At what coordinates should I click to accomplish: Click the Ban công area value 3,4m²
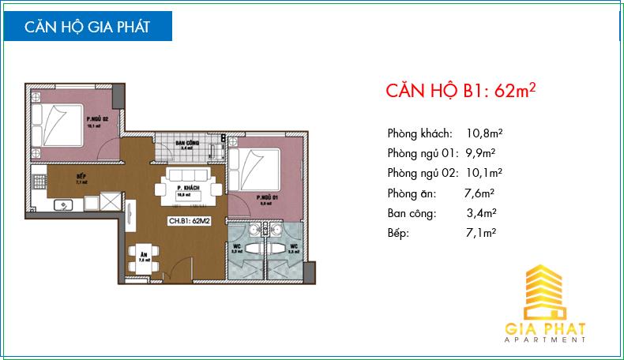click(x=481, y=212)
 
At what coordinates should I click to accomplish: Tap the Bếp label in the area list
click(x=399, y=233)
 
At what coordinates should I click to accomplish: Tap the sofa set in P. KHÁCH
click(x=188, y=186)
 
